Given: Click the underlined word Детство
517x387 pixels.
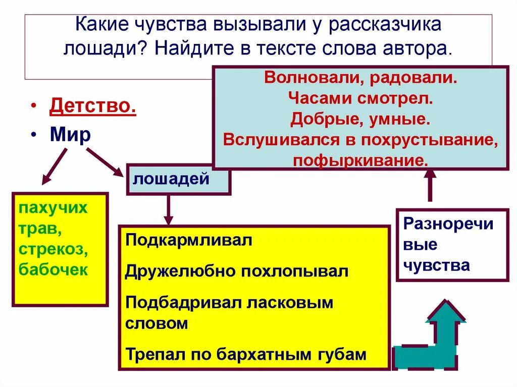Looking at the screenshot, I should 92,107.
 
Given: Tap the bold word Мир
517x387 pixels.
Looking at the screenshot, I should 70,135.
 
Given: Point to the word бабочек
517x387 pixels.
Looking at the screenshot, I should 53,269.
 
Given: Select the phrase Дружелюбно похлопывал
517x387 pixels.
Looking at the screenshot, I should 237,271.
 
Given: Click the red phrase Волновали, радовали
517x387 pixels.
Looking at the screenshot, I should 360,79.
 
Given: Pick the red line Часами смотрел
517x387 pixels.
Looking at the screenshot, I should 360,99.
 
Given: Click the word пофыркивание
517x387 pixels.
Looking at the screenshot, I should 360,160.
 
